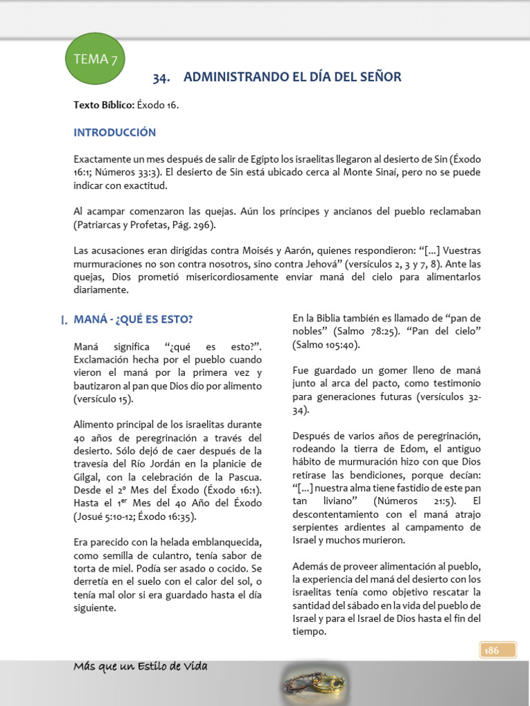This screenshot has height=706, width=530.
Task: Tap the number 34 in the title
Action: tap(161, 77)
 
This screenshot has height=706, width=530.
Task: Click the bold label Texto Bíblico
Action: tap(104, 105)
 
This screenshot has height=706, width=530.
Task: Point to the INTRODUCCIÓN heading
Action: tap(115, 132)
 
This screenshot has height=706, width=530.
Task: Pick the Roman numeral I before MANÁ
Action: tap(63, 319)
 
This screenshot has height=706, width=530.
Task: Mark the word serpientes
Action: tap(317, 527)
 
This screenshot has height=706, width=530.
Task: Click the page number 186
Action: tap(491, 649)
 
